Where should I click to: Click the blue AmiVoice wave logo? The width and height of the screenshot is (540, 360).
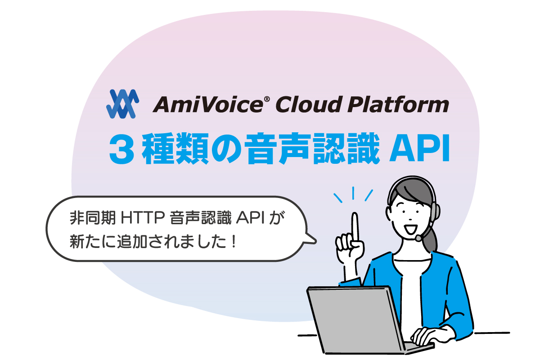coord(122,104)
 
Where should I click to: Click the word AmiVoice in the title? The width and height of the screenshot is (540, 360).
coord(208,104)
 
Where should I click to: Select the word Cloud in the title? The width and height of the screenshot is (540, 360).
coord(309,104)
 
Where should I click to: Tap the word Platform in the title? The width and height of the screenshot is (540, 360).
coord(398,104)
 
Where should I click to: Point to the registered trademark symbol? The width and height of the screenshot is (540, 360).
coord(267,99)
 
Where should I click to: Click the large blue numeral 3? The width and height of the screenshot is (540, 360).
coord(121,149)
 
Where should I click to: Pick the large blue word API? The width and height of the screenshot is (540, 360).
coord(420,148)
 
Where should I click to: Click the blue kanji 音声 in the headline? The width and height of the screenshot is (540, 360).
coord(277,148)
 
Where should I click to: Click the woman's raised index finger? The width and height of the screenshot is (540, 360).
coord(355,226)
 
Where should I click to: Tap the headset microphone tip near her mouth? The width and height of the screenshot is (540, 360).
coord(418,238)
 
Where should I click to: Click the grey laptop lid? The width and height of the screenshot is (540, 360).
coord(354,320)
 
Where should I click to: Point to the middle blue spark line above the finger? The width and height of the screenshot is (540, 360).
coord(353,193)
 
